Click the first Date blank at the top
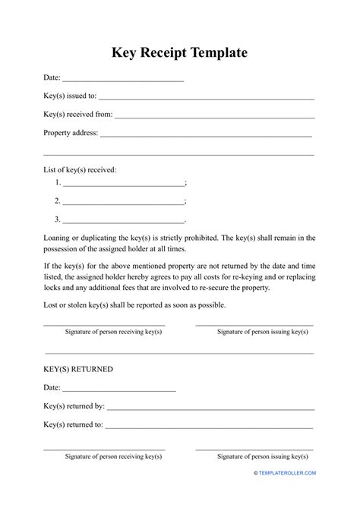coord(123,79)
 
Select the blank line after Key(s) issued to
coord(206,98)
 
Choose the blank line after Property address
coord(206,134)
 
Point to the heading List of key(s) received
coord(80,170)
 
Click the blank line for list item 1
coord(123,185)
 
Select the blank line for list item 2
coord(123,202)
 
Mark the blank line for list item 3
coord(123,220)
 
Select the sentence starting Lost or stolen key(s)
coord(134,305)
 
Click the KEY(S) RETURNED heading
coord(78,369)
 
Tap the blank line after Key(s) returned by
coord(210,407)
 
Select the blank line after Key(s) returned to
coord(210,425)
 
